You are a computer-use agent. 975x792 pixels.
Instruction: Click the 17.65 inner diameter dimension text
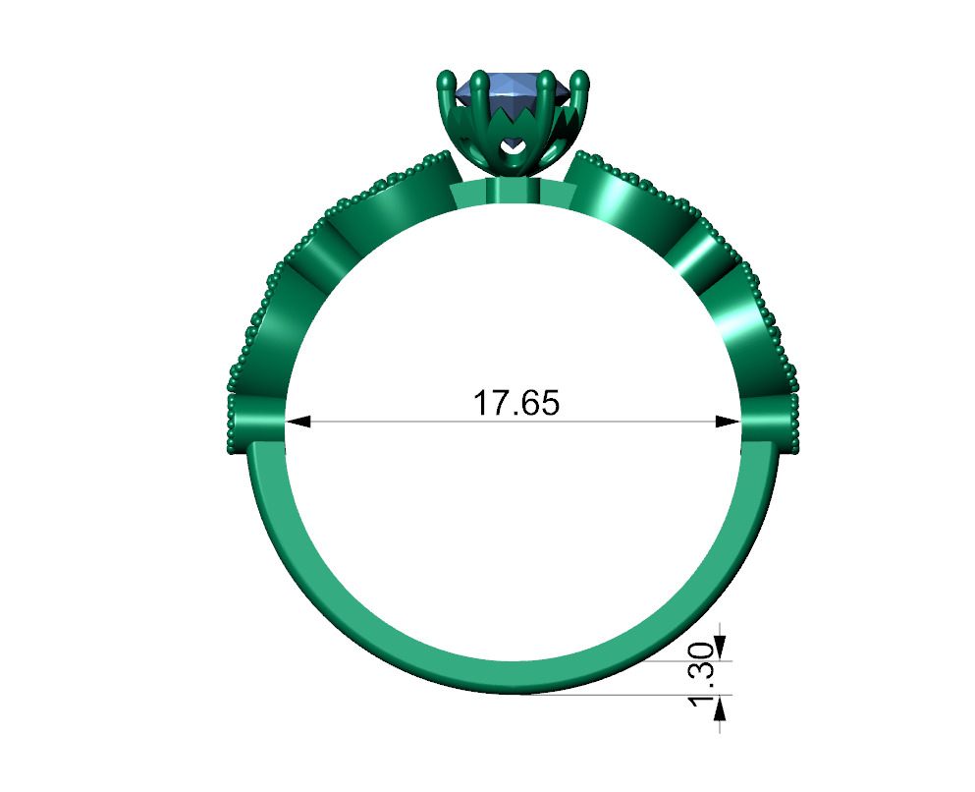[x=515, y=403]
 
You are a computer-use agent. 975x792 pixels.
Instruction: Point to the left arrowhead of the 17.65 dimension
[x=298, y=422]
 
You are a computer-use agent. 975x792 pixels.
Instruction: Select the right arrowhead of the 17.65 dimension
[x=729, y=422]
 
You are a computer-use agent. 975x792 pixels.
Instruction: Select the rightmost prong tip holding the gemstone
[x=580, y=79]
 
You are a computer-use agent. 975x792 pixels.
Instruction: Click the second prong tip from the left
[x=477, y=79]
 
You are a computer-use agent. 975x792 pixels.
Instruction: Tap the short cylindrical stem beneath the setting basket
[x=511, y=189]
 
